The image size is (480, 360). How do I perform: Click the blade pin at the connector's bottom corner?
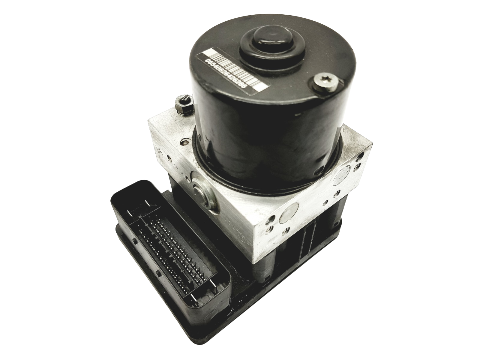click(197, 295)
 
